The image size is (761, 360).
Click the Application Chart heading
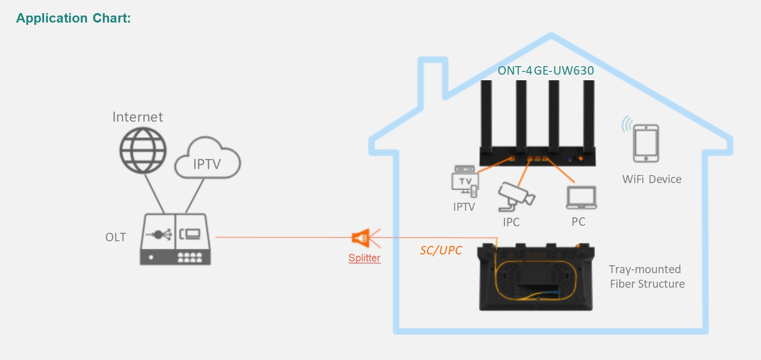coord(73,18)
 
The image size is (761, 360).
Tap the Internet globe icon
coord(143,150)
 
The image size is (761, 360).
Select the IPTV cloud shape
coord(208,158)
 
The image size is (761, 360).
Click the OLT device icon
coord(175,239)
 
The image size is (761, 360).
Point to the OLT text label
coord(115,237)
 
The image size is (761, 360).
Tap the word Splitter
coord(364,258)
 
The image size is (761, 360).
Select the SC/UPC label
coord(441,250)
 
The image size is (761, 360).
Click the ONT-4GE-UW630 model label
coord(546,71)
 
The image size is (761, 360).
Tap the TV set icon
coord(465,181)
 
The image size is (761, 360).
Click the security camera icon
coord(516,197)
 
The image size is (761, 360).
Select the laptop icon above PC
coord(581,197)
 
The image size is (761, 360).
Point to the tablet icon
coord(646,143)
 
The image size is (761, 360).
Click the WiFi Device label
coord(652,179)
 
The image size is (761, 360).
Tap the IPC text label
coord(511,222)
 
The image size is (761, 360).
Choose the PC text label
coord(578,222)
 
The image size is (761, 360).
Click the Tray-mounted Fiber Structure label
coord(647,276)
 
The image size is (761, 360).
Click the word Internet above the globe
coord(138,117)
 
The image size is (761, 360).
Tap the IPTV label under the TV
coord(464,207)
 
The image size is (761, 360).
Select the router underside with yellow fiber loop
coord(536,277)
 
